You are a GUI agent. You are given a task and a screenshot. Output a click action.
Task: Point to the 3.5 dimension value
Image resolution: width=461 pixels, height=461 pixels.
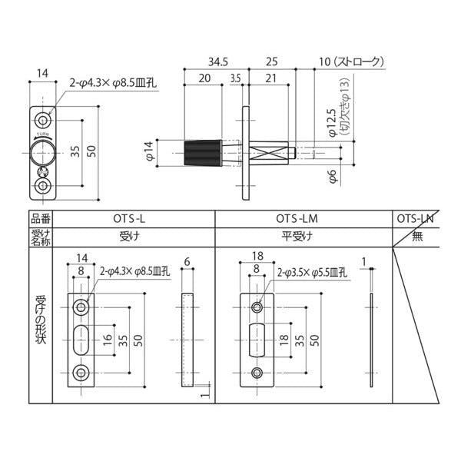click(234, 78)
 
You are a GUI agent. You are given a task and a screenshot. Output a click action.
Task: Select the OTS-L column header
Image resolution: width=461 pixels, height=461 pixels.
click(132, 219)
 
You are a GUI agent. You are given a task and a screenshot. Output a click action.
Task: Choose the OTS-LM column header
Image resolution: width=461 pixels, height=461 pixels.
click(303, 219)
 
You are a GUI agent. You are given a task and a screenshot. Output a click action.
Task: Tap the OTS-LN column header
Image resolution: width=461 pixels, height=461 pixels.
click(415, 219)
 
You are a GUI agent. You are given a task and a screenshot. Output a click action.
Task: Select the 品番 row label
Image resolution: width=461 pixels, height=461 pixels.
click(40, 219)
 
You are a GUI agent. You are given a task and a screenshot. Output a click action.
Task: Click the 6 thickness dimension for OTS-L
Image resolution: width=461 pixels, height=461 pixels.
click(187, 261)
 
